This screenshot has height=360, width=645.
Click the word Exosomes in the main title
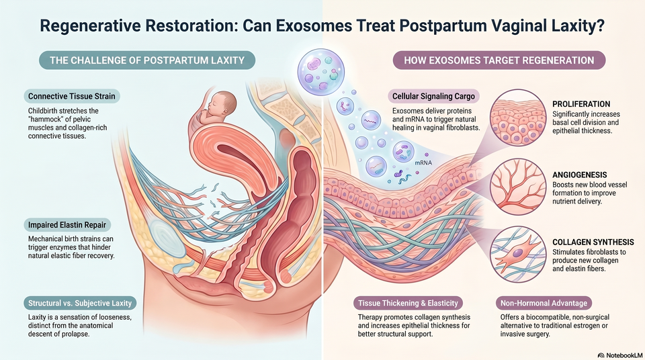tap(314, 26)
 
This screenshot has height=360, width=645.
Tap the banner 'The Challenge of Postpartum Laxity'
tap(147, 60)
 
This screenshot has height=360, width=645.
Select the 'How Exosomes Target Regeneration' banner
tap(499, 60)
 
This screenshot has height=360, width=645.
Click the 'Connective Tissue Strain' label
tap(72, 96)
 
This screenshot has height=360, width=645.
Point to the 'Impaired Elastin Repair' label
tap(67, 224)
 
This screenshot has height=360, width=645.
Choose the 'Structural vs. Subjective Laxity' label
tap(80, 303)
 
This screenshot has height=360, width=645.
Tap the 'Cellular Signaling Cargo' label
tap(433, 96)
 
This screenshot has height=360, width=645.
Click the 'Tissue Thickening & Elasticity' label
tap(408, 303)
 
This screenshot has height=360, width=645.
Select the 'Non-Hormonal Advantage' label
tap(544, 303)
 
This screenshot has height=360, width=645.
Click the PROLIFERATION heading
tap(581, 104)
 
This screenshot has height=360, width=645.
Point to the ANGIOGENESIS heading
tap(580, 175)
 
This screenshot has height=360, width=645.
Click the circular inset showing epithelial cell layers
tap(517, 118)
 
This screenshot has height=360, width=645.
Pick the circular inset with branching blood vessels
tap(517, 186)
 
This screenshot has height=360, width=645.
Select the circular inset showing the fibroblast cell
tap(517, 254)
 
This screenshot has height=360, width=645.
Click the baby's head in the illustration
tap(222, 103)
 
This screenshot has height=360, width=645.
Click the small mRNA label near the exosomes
tap(423, 163)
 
